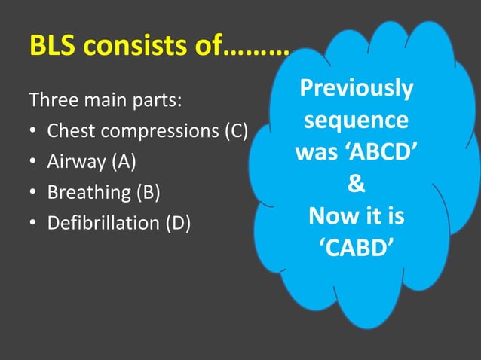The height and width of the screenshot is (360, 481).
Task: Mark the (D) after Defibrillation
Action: pos(175,223)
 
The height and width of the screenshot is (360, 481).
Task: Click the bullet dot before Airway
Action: pos(34,162)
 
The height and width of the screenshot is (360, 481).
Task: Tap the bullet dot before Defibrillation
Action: pos(34,224)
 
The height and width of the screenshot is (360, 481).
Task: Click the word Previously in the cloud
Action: pos(356,89)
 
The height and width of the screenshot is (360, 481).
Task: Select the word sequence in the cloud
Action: pos(356,121)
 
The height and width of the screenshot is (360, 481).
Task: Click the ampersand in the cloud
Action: pos(356,185)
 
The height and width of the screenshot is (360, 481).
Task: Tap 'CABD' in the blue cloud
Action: pos(356,247)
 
